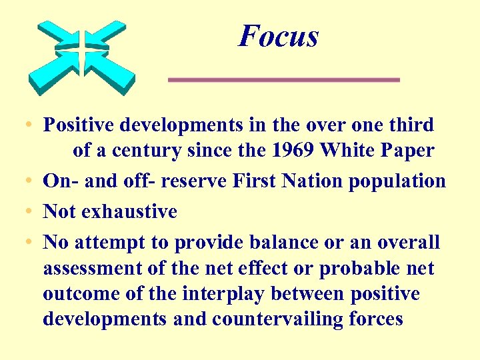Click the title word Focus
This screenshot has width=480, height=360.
[279, 36]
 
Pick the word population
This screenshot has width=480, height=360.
[407, 181]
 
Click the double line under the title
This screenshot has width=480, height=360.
[283, 80]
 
